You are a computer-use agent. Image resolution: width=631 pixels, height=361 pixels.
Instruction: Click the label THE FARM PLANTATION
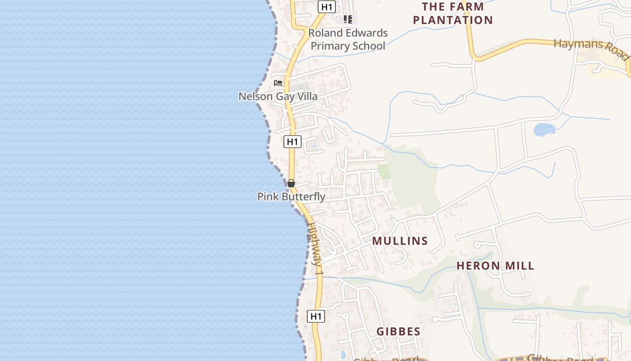(453, 13)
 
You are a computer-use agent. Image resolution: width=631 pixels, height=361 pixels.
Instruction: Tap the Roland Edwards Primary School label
(348, 39)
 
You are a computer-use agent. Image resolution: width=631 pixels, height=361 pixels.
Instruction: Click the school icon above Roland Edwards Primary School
(348, 19)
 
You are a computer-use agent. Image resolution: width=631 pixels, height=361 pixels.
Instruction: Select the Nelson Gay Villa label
(278, 96)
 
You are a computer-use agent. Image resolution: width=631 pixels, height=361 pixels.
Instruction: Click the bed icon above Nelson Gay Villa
(278, 83)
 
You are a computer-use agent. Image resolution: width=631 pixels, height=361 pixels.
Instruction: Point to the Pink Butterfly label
(291, 197)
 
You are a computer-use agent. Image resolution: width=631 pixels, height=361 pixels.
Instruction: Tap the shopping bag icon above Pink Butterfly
(291, 183)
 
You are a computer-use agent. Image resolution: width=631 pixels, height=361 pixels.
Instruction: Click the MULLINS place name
(400, 241)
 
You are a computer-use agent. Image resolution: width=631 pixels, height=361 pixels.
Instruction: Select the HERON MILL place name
(495, 266)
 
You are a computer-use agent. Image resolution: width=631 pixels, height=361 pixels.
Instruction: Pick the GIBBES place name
(398, 332)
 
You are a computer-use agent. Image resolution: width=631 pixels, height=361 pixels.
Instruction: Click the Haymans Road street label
(591, 49)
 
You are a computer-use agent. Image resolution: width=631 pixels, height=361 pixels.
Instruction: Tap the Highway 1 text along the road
(315, 249)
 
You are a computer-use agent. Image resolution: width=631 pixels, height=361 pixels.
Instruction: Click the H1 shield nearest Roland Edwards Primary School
(327, 6)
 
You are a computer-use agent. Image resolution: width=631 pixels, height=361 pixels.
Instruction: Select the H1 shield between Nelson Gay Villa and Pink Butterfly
(293, 142)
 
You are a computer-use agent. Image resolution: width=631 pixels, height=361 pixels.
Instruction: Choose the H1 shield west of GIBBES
(316, 316)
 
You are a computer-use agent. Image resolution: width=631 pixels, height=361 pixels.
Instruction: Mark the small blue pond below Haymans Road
(544, 130)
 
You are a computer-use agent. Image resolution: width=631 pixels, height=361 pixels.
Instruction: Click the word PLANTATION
(453, 20)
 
